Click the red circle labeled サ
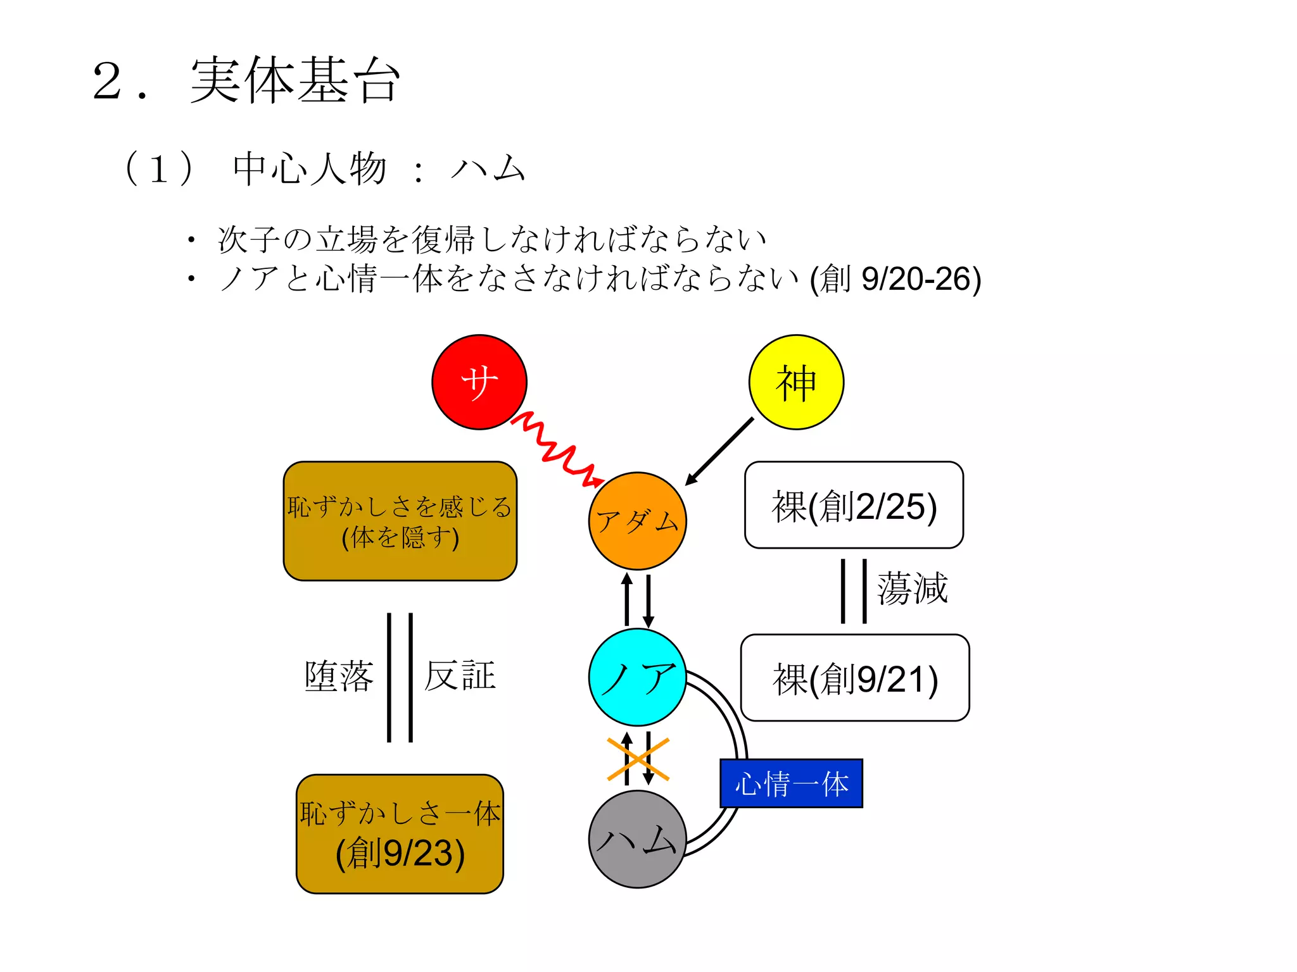coord(479,382)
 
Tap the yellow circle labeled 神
coord(796,382)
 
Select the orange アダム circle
coord(637,521)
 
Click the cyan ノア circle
coord(637,677)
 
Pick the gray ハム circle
coord(637,839)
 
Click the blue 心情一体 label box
coord(791,783)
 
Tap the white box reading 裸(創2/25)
coord(854,505)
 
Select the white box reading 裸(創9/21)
coord(854,678)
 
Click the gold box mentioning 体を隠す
coord(400,521)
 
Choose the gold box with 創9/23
coord(400,834)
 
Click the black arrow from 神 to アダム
coord(720,451)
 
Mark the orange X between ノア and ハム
coord(638,759)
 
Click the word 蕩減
coord(912,589)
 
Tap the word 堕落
coord(339,676)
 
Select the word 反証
coord(460,676)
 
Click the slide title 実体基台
coord(295,80)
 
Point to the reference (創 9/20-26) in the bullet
coord(895,279)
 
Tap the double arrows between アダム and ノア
coord(638,599)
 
